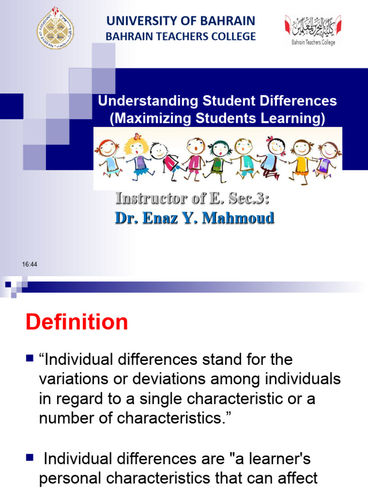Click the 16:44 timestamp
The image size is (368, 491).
point(30,265)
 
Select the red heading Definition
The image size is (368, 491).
point(77,322)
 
